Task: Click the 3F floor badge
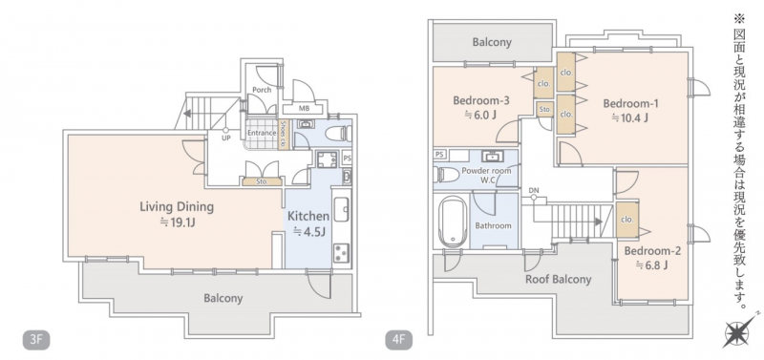[36, 340]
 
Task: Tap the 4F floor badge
[399, 340]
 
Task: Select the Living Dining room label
[177, 207]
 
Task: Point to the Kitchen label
[308, 216]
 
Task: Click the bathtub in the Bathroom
[453, 222]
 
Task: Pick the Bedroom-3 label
[481, 101]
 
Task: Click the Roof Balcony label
[558, 279]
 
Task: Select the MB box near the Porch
[304, 109]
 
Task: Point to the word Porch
[262, 90]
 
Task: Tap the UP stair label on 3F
[225, 138]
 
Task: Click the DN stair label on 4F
[534, 190]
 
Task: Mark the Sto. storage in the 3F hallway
[262, 182]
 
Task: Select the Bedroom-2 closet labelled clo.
[627, 220]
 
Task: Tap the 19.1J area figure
[177, 223]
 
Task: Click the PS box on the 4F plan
[440, 155]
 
